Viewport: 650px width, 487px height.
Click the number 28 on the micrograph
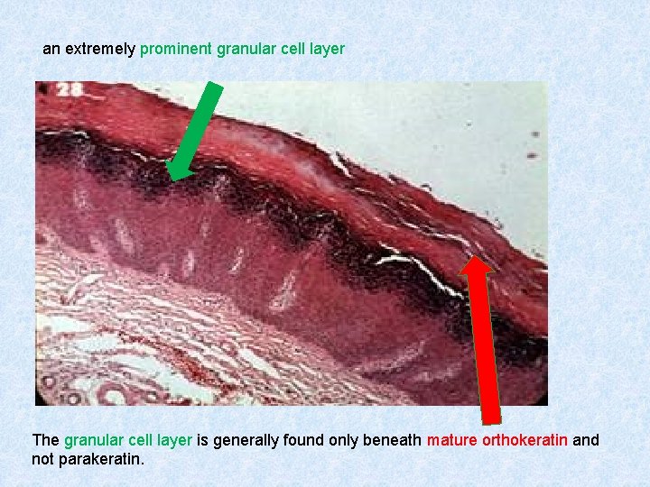[70, 90]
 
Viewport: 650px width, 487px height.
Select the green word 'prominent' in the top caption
[176, 49]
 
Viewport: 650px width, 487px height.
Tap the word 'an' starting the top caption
[51, 49]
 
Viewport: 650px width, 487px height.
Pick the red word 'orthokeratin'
[525, 440]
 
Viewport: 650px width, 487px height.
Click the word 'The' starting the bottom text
[46, 440]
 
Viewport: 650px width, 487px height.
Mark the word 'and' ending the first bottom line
[586, 440]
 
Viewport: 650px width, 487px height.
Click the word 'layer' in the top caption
[326, 49]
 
